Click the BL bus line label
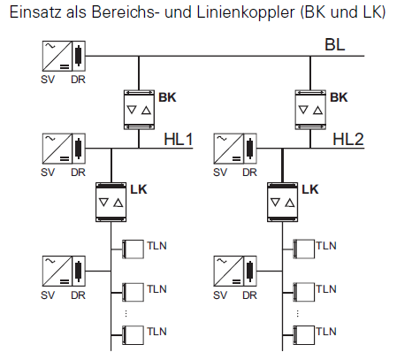[x=335, y=45]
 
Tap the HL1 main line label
[x=179, y=139]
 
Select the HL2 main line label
[x=348, y=139]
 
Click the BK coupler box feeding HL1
[x=139, y=110]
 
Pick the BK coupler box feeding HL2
[x=310, y=110]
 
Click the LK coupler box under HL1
[x=111, y=203]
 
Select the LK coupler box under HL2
[x=282, y=203]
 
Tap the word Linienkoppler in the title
[x=246, y=12]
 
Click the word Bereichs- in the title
[x=124, y=12]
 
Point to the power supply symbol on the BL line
[x=57, y=56]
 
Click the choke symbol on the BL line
[x=79, y=56]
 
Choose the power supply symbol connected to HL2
[x=229, y=149]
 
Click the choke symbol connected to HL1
[x=79, y=149]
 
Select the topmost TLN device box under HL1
[x=134, y=249]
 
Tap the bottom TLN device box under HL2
[x=304, y=335]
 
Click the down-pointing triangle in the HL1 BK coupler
[x=132, y=110]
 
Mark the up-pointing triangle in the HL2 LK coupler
[x=290, y=203]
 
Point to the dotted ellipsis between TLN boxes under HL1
[x=126, y=313]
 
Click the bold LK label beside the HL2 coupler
[x=310, y=189]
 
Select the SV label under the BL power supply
[x=48, y=80]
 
